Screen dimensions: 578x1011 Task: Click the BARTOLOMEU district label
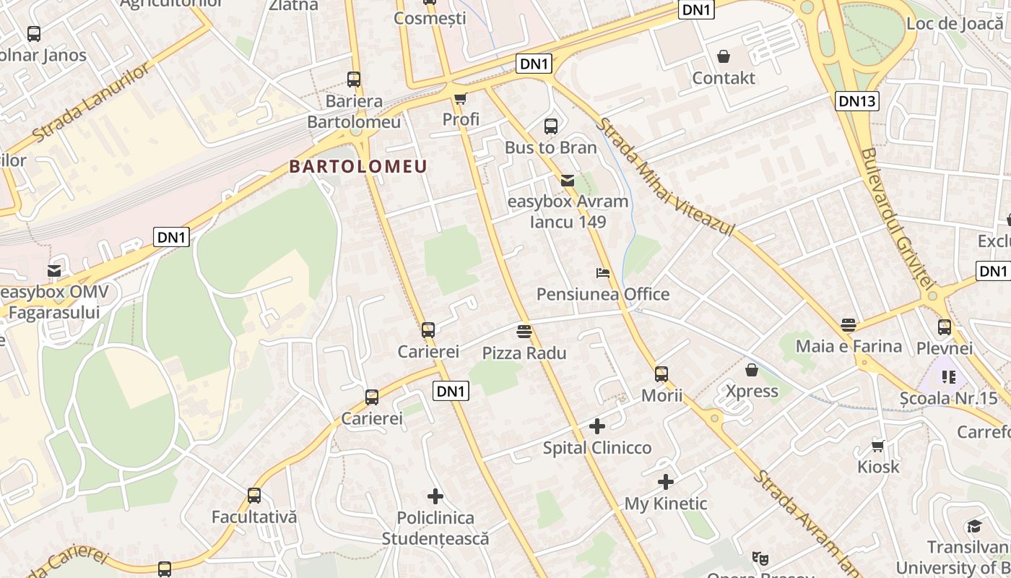point(358,166)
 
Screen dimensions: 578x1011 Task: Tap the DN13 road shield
point(857,101)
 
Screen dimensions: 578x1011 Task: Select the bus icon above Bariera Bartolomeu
point(354,79)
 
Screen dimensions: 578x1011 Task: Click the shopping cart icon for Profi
point(460,98)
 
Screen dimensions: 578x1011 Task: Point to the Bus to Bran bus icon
point(551,126)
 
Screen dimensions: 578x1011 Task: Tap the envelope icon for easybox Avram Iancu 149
point(568,181)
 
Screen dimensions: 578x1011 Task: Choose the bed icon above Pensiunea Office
point(603,273)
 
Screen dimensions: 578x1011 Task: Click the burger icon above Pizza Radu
point(525,332)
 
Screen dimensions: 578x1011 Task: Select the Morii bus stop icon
point(661,374)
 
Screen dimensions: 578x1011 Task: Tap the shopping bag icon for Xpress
point(752,370)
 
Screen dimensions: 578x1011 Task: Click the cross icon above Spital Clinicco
point(597,426)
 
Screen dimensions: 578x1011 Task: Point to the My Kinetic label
point(665,504)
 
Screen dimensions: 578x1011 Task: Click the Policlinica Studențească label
point(435,528)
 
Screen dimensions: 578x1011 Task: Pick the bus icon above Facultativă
point(254,496)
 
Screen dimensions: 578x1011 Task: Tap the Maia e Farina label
point(849,346)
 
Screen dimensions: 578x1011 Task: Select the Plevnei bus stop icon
point(945,327)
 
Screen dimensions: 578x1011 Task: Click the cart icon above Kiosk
point(878,446)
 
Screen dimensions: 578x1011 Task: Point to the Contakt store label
point(724,78)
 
